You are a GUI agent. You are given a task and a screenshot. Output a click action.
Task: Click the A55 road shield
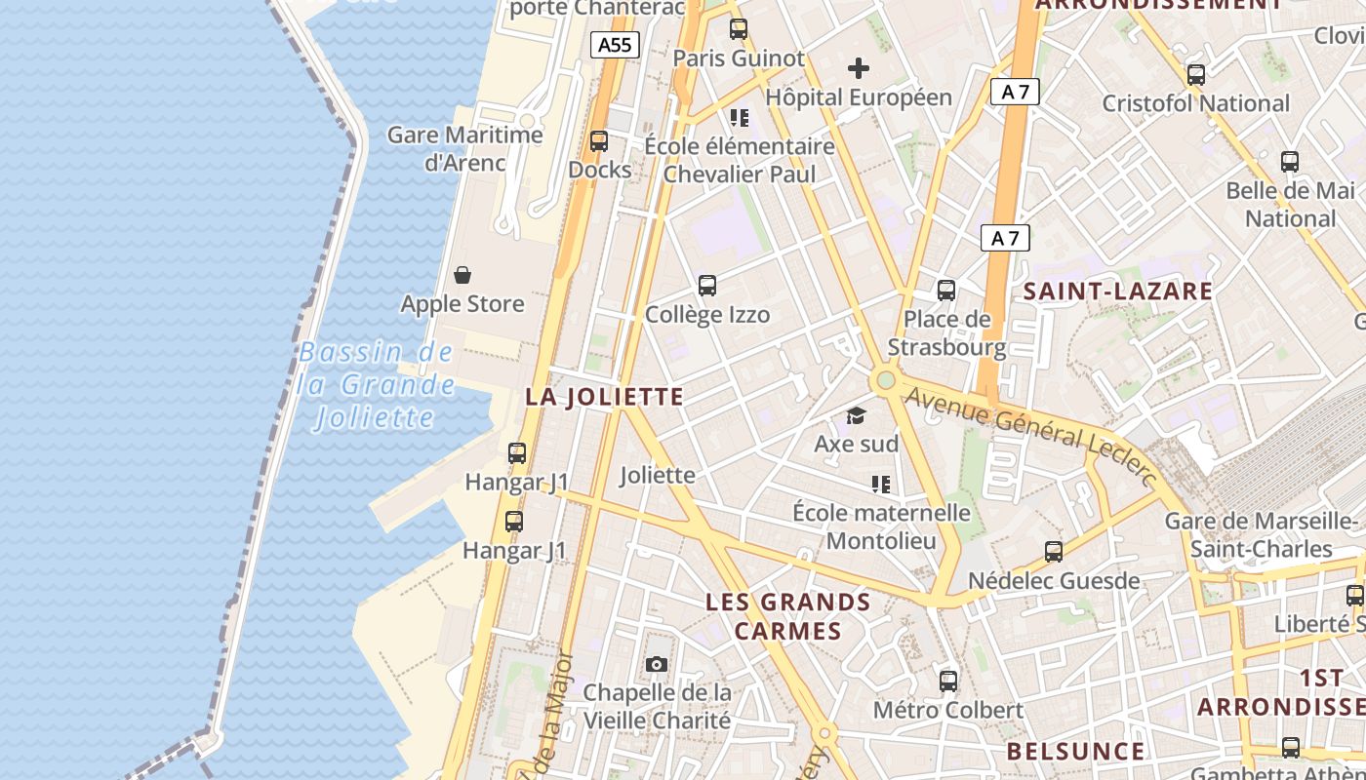pyautogui.click(x=615, y=44)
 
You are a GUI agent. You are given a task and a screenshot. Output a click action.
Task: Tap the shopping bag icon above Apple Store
pyautogui.click(x=462, y=275)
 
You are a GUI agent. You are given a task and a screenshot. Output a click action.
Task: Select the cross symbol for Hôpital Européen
pyautogui.click(x=859, y=68)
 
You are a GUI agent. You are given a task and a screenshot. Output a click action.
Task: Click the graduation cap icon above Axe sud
pyautogui.click(x=856, y=416)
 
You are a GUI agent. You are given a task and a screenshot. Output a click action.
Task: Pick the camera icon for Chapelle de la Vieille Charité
pyautogui.click(x=657, y=665)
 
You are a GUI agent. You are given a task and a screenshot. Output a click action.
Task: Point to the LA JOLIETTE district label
pyautogui.click(x=604, y=397)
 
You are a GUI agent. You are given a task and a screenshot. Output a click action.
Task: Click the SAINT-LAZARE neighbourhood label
pyautogui.click(x=1117, y=291)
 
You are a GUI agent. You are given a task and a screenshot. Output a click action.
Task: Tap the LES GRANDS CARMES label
pyautogui.click(x=787, y=616)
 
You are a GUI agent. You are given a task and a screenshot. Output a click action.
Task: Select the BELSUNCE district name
pyautogui.click(x=1075, y=751)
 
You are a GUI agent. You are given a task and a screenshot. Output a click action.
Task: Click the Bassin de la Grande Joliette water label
pyautogui.click(x=377, y=385)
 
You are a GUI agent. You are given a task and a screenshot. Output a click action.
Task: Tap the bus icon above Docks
pyautogui.click(x=599, y=141)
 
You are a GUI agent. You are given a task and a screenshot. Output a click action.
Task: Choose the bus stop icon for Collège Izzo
pyautogui.click(x=707, y=286)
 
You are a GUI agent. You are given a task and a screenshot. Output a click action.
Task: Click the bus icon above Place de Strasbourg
pyautogui.click(x=945, y=290)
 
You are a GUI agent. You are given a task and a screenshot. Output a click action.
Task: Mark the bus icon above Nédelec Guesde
pyautogui.click(x=1054, y=552)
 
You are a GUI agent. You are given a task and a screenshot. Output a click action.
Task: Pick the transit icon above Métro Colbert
pyautogui.click(x=948, y=682)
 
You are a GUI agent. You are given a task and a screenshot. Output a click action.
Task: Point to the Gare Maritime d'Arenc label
pyautogui.click(x=464, y=148)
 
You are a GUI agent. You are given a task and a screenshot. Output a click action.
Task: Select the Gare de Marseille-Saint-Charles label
pyautogui.click(x=1262, y=534)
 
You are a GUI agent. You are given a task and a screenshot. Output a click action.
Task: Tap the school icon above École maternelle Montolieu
pyautogui.click(x=881, y=485)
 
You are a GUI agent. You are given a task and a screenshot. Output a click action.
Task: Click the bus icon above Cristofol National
pyautogui.click(x=1195, y=74)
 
